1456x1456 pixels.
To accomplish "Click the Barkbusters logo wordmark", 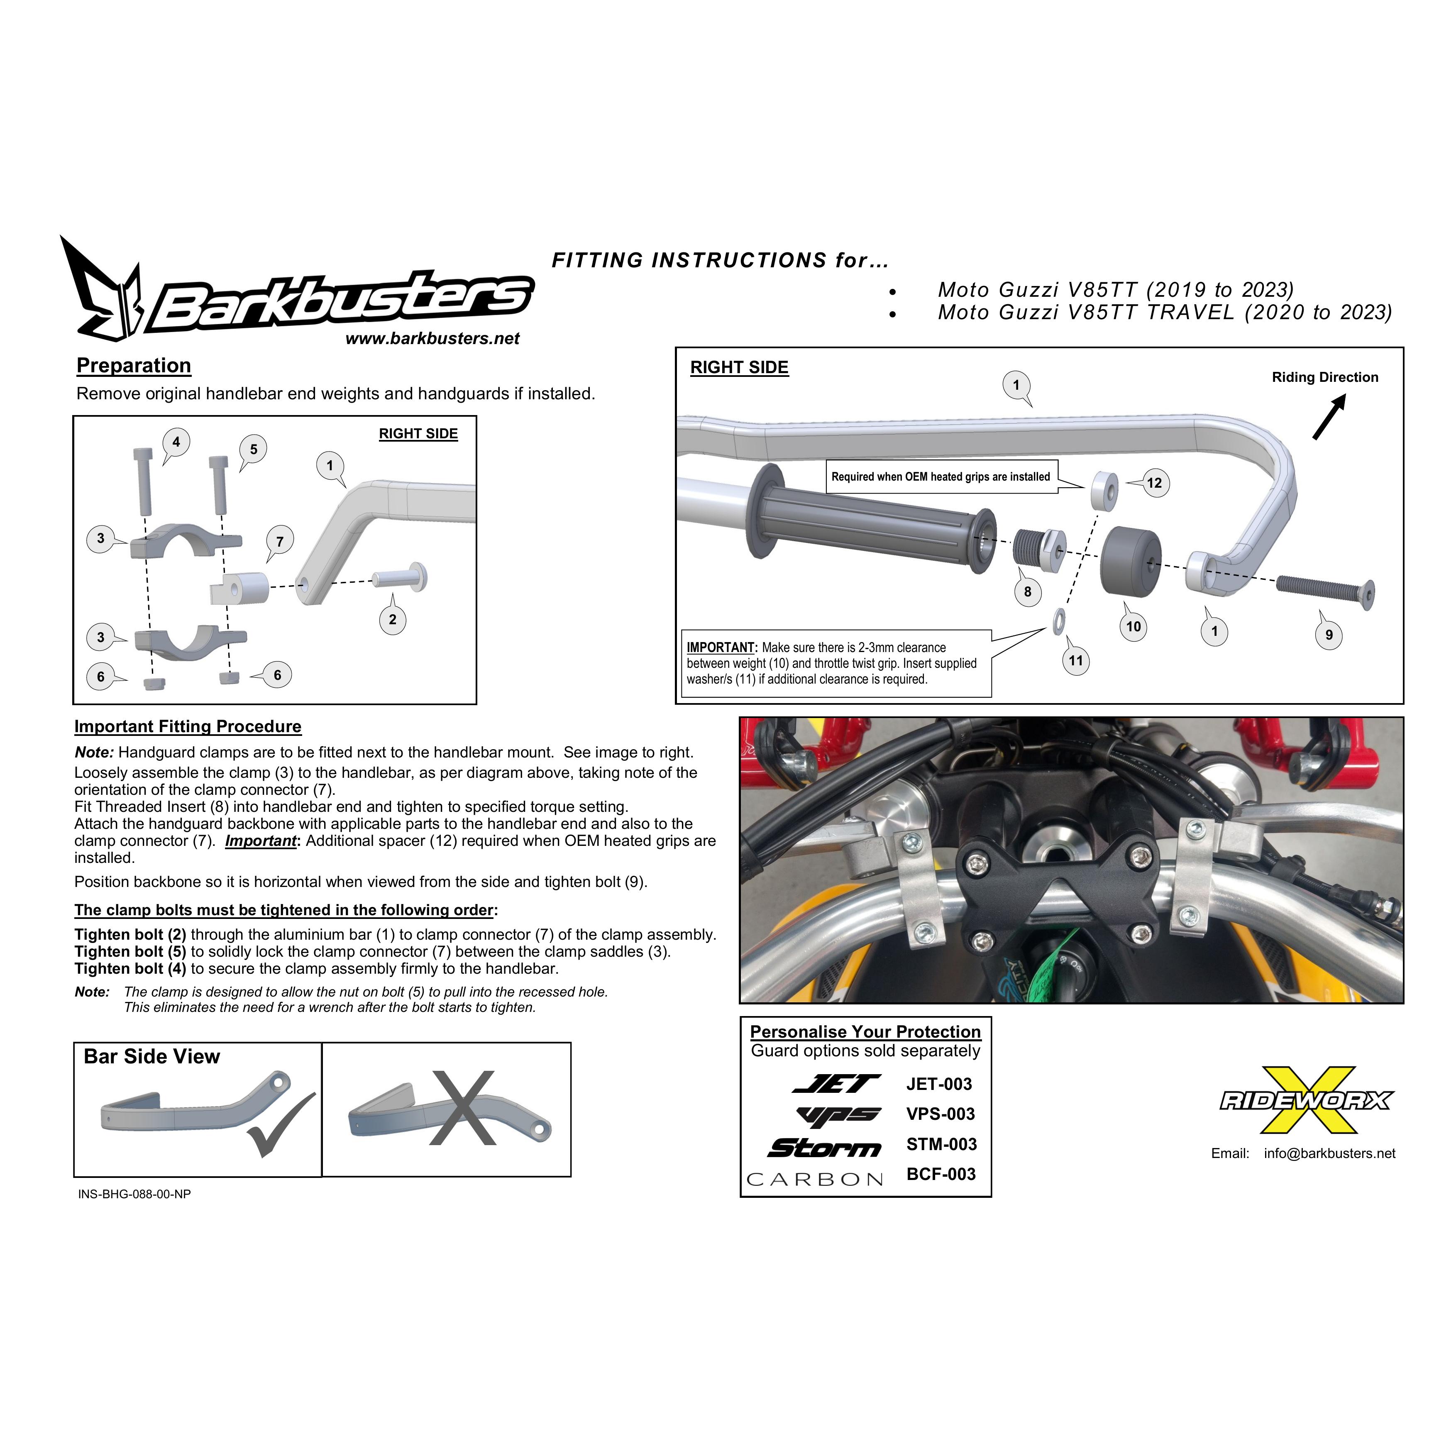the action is [x=343, y=301].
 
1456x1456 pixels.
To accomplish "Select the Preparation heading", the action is [x=134, y=366].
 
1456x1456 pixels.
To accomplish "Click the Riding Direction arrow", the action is [x=1329, y=418].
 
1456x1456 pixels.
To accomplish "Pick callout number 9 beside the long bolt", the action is [x=1329, y=635].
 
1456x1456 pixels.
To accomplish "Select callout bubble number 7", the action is [x=280, y=541].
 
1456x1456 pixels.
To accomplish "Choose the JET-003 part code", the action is [x=939, y=1085].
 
